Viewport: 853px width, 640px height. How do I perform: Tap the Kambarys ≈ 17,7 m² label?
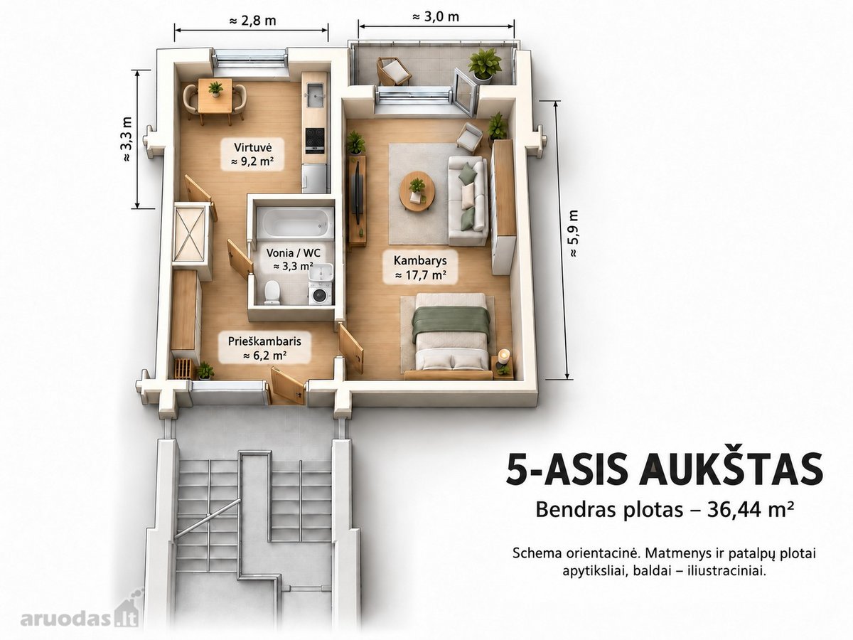point(420,267)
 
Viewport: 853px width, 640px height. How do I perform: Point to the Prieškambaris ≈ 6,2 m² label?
point(264,348)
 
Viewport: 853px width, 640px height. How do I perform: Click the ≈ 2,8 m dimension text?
point(252,21)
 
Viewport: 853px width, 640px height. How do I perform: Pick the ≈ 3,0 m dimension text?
point(435,16)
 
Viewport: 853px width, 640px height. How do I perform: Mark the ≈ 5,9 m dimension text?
point(573,233)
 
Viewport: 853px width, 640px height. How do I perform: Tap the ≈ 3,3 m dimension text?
point(127,139)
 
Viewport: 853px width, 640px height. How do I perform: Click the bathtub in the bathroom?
point(298,223)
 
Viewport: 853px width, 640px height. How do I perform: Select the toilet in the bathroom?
point(272,292)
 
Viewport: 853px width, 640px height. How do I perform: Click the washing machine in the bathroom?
point(321,294)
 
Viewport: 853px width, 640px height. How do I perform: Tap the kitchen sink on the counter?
point(315,95)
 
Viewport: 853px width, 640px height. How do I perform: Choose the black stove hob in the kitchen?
point(315,139)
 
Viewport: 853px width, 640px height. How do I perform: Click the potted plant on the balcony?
point(484,65)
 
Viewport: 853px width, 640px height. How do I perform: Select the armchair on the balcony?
point(393,71)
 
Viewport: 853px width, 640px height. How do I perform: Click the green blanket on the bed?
point(451,321)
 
